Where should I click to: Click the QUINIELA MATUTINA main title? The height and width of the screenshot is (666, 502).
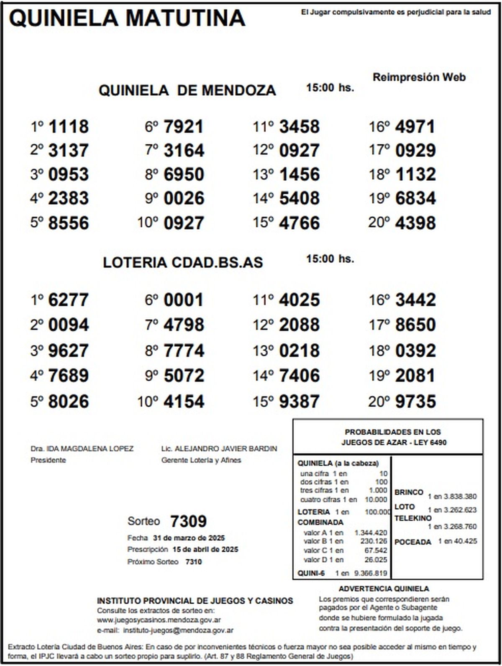pyautogui.click(x=127, y=18)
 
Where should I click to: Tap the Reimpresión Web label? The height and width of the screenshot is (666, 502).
pyautogui.click(x=419, y=77)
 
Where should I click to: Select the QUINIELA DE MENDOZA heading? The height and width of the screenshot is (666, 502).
pyautogui.click(x=187, y=90)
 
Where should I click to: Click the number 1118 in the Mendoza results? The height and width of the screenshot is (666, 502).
pyautogui.click(x=69, y=127)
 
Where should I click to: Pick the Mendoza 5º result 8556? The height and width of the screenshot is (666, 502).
pyautogui.click(x=69, y=223)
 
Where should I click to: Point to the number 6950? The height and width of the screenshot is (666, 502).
pyautogui.click(x=184, y=174)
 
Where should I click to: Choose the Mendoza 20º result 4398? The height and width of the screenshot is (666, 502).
pyautogui.click(x=415, y=223)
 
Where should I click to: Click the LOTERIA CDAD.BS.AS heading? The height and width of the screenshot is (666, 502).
pyautogui.click(x=183, y=262)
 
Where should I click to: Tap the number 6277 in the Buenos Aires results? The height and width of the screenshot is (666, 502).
pyautogui.click(x=69, y=300)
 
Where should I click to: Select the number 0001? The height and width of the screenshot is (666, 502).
pyautogui.click(x=184, y=300)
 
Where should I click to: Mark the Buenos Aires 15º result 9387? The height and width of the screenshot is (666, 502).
pyautogui.click(x=299, y=402)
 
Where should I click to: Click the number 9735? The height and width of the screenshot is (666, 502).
pyautogui.click(x=415, y=402)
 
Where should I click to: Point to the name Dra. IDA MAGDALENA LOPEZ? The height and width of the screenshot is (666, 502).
pyautogui.click(x=82, y=449)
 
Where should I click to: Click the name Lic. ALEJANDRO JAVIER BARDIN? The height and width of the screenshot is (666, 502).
pyautogui.click(x=219, y=449)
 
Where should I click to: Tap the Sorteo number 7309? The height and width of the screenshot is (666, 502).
pyautogui.click(x=188, y=522)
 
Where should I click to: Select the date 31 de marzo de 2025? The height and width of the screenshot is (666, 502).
pyautogui.click(x=189, y=538)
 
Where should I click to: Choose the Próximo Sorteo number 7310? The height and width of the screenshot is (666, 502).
pyautogui.click(x=193, y=562)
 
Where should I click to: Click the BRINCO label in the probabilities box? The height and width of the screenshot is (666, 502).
pyautogui.click(x=409, y=492)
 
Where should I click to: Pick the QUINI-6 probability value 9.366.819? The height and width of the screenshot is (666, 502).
pyautogui.click(x=371, y=573)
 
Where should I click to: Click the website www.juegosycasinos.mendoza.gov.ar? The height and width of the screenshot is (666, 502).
pyautogui.click(x=159, y=620)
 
